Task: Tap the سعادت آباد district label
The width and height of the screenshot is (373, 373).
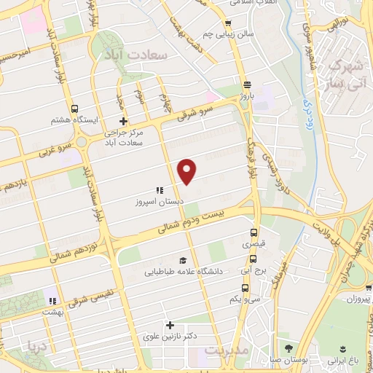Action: [137, 55]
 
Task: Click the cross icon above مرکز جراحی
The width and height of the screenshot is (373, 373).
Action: [123, 121]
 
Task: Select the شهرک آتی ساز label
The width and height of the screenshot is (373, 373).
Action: [345, 74]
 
